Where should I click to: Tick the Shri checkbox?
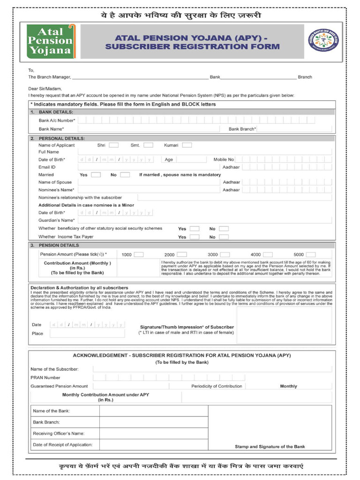(114, 145)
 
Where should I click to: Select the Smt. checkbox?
(148, 145)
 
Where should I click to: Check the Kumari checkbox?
(187, 145)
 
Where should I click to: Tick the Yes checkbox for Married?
(96, 175)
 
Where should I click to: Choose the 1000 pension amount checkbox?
(139, 255)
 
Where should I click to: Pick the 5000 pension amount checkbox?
(310, 255)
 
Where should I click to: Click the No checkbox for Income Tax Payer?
(224, 237)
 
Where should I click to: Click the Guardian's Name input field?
(204, 220)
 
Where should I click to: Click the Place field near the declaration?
(87, 333)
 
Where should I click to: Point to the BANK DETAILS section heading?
(56, 112)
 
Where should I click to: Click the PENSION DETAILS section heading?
(59, 245)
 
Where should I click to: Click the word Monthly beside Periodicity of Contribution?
(288, 386)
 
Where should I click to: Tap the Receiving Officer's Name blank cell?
(154, 434)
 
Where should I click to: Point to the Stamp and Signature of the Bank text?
(270, 447)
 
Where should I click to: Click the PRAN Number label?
(45, 377)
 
